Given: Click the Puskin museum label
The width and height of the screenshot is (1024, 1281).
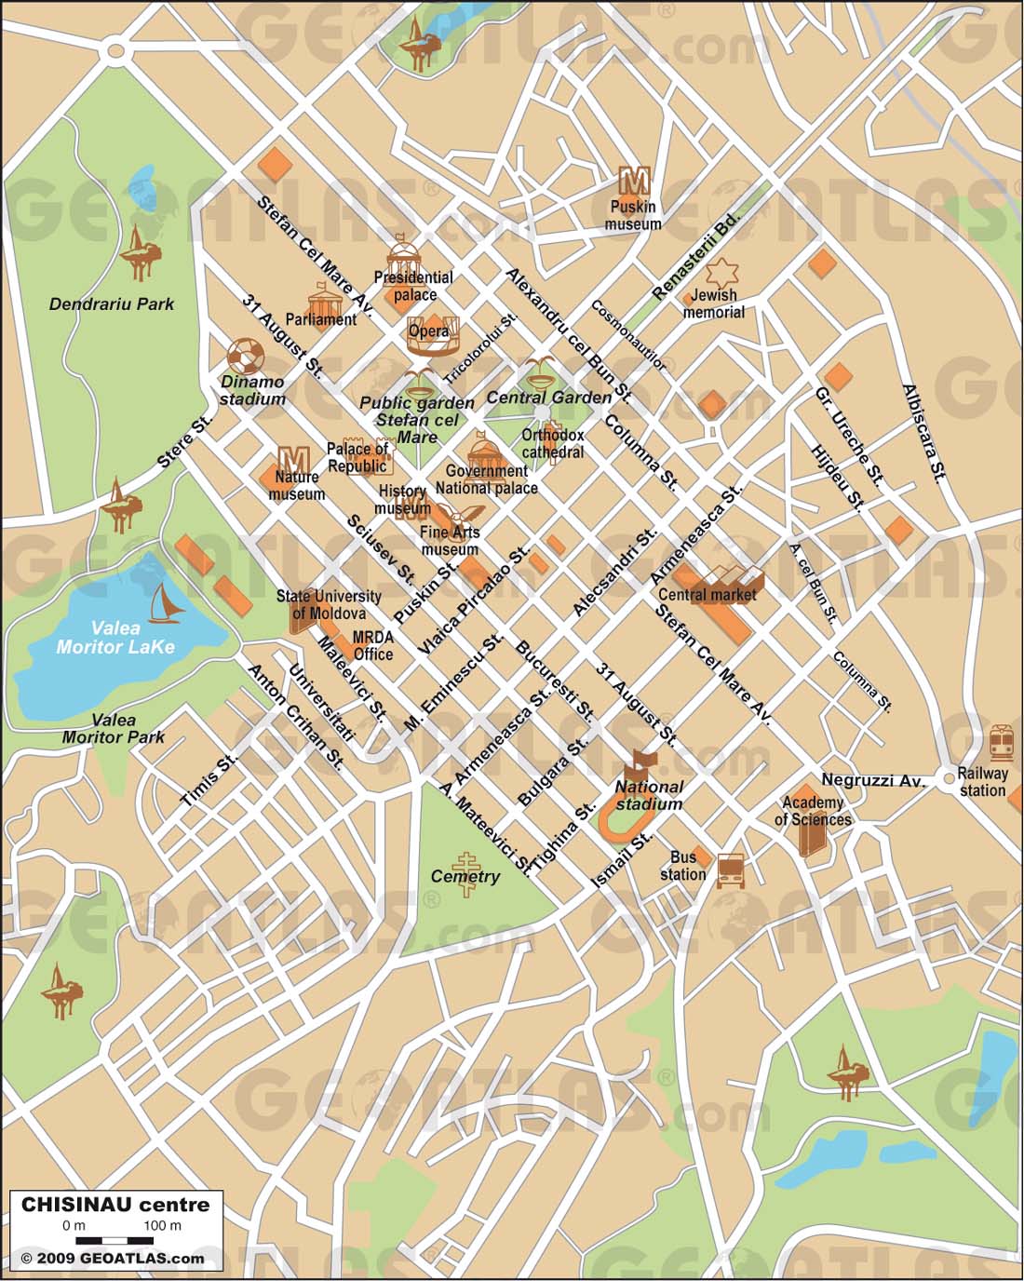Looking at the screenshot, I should pos(633,215).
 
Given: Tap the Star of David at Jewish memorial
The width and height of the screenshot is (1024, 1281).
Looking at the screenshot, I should pos(721,274).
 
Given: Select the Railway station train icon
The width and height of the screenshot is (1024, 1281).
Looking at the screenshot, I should pos(1001,743).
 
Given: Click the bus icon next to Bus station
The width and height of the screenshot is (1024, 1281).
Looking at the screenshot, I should pos(731,870).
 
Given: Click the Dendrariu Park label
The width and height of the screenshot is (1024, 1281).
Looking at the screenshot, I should pos(112,303).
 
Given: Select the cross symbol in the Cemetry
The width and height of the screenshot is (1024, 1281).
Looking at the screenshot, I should pos(465,874).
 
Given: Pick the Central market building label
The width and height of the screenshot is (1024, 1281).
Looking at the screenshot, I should pos(707,594).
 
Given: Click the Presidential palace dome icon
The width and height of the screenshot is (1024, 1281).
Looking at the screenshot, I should pos(404,253).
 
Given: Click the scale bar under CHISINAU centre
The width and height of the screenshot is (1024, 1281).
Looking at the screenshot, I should pos(115,1240).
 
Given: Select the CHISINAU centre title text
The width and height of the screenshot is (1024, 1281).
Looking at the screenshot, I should pos(115,1204).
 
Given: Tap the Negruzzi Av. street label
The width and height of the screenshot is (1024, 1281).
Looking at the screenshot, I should pos(872,780).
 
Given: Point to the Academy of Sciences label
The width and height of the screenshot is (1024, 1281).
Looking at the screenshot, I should pos(813,811).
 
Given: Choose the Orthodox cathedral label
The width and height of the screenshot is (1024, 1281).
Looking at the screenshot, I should pos(553,443).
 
